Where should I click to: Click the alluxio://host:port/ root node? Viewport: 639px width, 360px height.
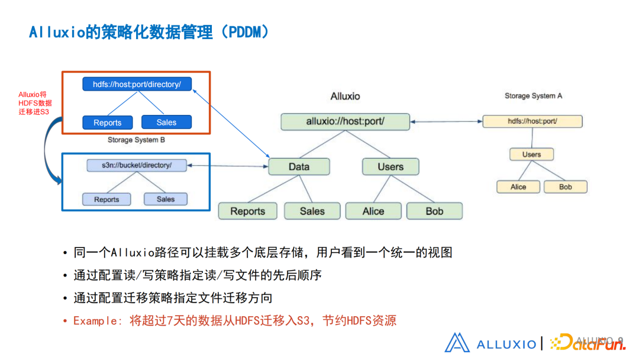click(345, 122)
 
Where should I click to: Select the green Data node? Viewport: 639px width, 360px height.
click(299, 167)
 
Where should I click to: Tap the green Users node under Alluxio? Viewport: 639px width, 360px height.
click(390, 167)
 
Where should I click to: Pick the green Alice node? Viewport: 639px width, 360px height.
click(373, 211)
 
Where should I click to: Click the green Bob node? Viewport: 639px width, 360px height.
click(434, 211)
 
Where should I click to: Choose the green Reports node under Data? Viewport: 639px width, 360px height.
click(248, 211)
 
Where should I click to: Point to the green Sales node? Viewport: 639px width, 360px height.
click(312, 211)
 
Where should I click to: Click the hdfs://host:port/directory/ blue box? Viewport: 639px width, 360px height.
click(137, 85)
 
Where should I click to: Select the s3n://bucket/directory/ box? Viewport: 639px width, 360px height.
click(137, 165)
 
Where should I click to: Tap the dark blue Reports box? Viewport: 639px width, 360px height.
click(107, 123)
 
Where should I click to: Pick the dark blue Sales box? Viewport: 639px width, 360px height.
click(166, 123)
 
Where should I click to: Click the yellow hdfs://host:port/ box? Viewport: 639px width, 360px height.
click(532, 121)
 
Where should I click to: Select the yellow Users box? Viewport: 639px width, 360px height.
click(531, 155)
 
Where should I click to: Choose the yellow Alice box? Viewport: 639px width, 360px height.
click(518, 187)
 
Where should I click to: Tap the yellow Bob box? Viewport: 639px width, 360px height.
click(566, 187)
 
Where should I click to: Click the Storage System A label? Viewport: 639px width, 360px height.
click(533, 96)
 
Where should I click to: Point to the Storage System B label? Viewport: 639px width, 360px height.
click(136, 140)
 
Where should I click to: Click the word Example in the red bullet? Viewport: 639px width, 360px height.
click(94, 321)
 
